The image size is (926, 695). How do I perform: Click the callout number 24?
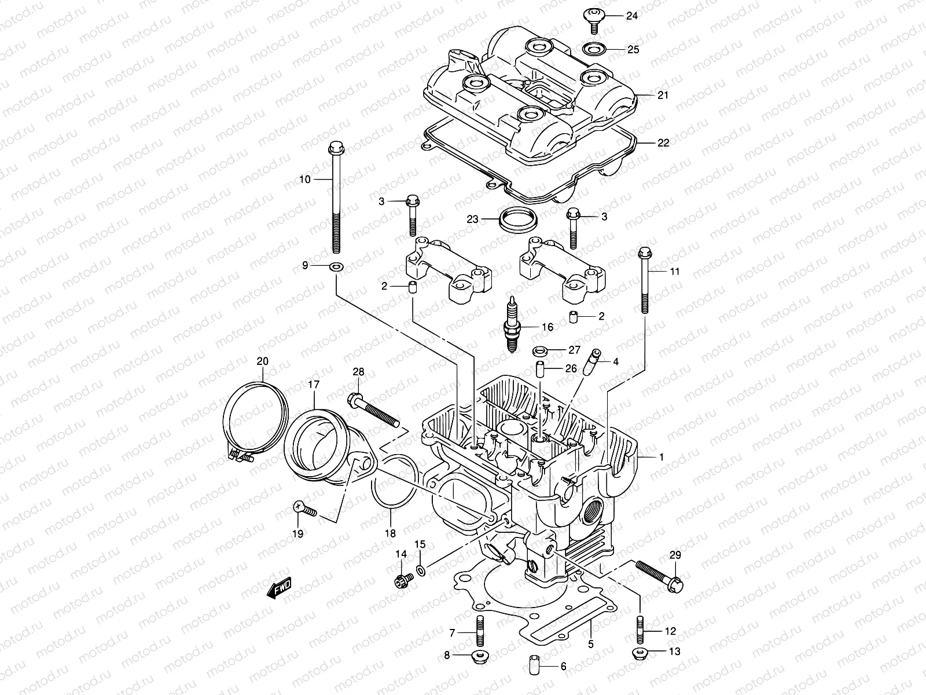(631, 16)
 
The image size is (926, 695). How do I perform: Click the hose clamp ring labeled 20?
(255, 417)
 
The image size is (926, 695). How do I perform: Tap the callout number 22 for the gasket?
(663, 142)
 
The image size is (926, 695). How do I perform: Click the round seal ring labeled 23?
(517, 219)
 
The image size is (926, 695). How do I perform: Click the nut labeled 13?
(640, 654)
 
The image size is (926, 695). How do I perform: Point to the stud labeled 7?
(480, 631)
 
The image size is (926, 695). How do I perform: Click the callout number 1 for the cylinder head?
(662, 457)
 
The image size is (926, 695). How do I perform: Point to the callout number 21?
(663, 95)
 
